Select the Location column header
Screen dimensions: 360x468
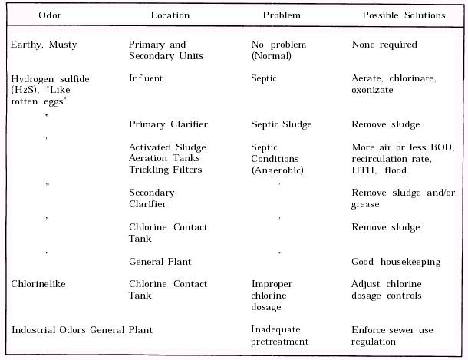170,15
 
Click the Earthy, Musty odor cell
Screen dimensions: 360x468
44,45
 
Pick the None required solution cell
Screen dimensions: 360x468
384,45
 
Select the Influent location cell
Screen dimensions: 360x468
146,78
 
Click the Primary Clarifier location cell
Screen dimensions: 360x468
168,124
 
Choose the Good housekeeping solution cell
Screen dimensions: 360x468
396,262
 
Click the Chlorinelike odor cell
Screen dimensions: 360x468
38,284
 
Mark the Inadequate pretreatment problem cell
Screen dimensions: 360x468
279,336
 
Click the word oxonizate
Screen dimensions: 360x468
372,90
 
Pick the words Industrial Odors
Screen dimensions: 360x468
44,330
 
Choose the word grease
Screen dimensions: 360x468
365,205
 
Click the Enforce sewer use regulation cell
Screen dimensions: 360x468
392,336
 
